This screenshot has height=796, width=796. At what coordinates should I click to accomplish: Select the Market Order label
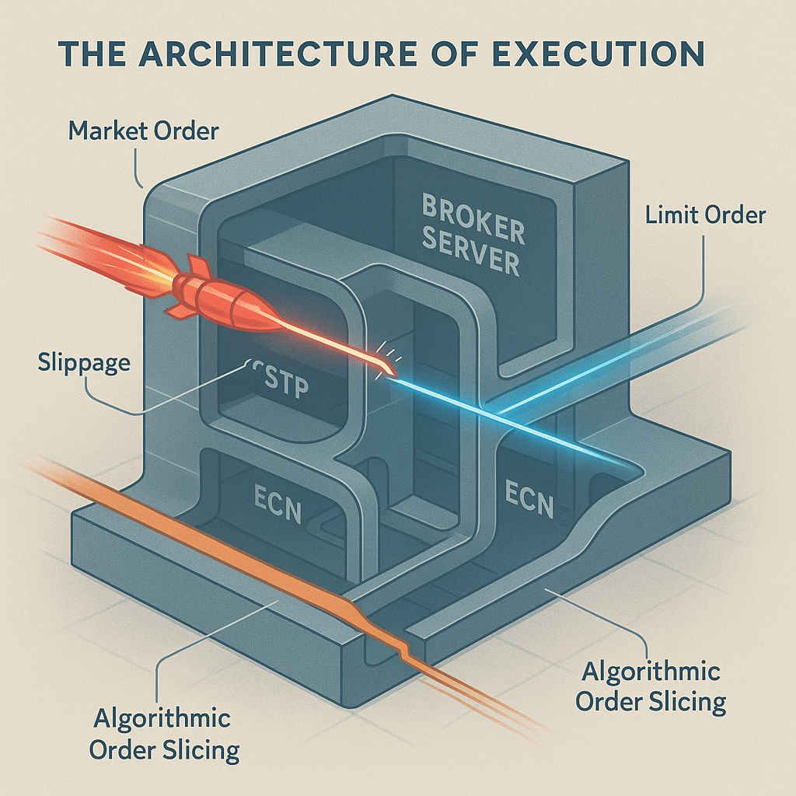(x=143, y=130)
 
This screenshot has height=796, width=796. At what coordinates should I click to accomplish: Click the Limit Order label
(x=705, y=215)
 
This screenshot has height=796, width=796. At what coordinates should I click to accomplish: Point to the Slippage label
(x=75, y=362)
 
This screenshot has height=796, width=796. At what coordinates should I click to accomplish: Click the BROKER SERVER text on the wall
(x=472, y=234)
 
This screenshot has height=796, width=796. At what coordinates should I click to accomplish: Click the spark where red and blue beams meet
(x=383, y=372)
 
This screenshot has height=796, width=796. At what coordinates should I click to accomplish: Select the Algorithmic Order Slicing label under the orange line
(x=164, y=734)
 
